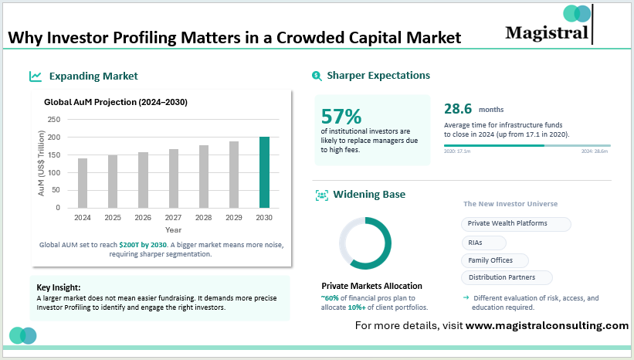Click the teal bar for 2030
[x=264, y=172]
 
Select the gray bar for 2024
[x=83, y=183]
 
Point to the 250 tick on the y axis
[x=53, y=120]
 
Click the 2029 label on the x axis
[x=234, y=218]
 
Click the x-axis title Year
[x=173, y=229]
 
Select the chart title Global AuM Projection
[x=115, y=102]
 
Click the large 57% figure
[x=341, y=116]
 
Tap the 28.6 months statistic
[x=458, y=109]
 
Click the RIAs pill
[x=476, y=242]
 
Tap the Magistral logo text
[x=546, y=32]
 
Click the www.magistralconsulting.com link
[x=547, y=325]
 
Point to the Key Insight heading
[x=59, y=287]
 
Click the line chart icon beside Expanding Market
[x=36, y=76]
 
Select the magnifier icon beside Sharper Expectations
[x=317, y=76]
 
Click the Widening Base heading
[x=368, y=195]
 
